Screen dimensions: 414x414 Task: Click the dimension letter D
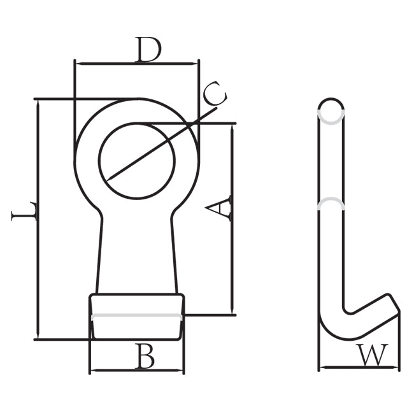click(148, 50)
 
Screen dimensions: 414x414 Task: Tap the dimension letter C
click(215, 93)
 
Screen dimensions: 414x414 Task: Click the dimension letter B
click(145, 356)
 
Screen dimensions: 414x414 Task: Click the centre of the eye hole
click(137, 161)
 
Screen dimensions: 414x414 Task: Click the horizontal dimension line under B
click(137, 371)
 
